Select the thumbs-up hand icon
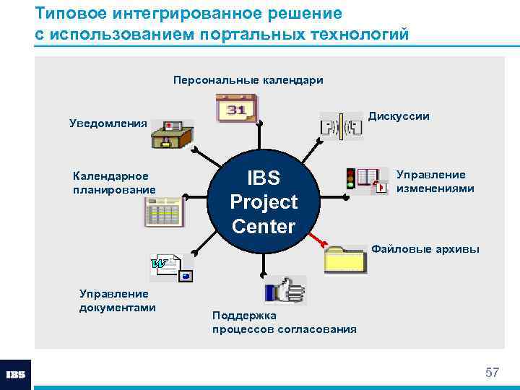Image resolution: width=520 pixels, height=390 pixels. [x=285, y=292]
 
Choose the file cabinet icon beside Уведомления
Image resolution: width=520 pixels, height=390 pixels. [x=173, y=134]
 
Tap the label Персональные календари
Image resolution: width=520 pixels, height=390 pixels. [x=248, y=80]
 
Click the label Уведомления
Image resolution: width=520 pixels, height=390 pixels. [x=108, y=123]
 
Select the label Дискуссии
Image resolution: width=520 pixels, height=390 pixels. [x=399, y=116]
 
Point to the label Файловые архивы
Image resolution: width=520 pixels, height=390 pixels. [x=425, y=249]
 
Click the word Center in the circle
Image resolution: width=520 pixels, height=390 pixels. [x=264, y=227]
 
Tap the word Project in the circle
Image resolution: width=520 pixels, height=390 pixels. [x=264, y=202]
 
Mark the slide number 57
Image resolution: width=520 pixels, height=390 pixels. [x=492, y=373]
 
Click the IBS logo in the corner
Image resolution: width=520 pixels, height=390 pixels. [x=16, y=375]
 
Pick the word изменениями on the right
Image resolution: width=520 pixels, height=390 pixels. [x=435, y=188]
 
